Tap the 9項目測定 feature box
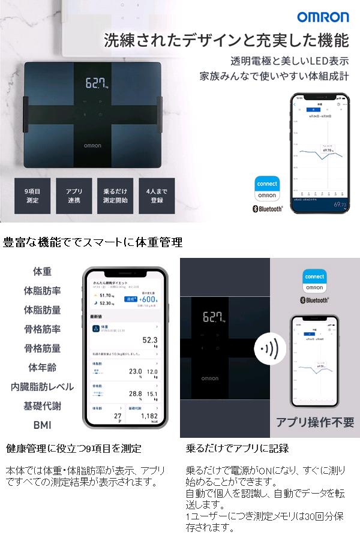coord(32,196)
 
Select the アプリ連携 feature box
coord(74,196)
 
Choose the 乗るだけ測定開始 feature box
coord(115,196)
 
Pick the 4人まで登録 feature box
coord(157,196)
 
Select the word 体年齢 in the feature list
coord(42,367)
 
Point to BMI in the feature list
coord(42,425)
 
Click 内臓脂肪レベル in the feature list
coord(42,386)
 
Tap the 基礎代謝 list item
coord(42,405)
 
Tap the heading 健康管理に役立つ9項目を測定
coord(73,448)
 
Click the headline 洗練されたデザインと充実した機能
coord(226,41)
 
